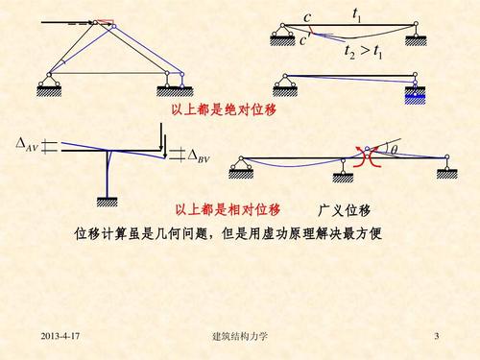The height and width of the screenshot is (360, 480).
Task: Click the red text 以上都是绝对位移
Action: click(x=224, y=110)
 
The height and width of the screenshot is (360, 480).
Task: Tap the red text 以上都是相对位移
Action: click(x=228, y=210)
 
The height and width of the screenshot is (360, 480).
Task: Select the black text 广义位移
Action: click(x=345, y=210)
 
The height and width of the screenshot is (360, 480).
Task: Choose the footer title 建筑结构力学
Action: click(x=239, y=337)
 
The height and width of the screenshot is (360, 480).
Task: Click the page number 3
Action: click(x=436, y=337)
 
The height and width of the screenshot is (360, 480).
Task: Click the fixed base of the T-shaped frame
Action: click(x=108, y=200)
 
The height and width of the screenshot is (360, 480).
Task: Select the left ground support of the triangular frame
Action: click(x=50, y=90)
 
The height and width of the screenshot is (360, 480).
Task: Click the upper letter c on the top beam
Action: click(x=307, y=18)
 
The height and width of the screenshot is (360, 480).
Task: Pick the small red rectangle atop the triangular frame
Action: click(x=105, y=22)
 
